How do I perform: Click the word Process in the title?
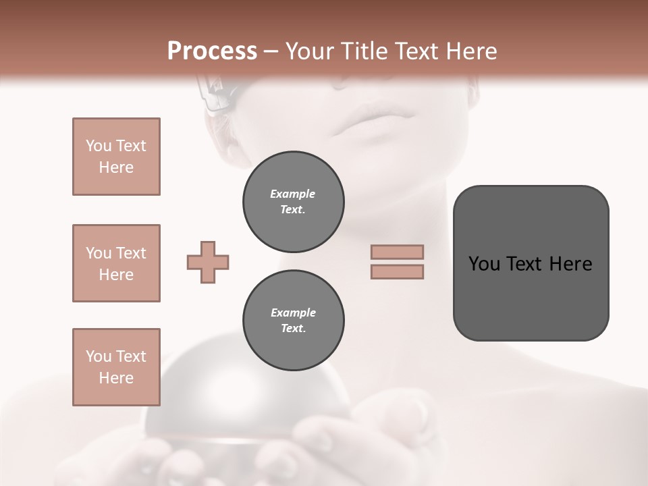point(212,51)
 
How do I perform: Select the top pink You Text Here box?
point(116,157)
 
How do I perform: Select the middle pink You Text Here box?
point(116,263)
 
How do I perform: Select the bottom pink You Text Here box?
point(116,367)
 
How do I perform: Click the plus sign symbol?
point(208,263)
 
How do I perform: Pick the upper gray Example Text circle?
point(293,201)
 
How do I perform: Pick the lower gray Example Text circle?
point(293,320)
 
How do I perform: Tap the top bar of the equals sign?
point(397,252)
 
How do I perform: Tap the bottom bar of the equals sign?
point(397,272)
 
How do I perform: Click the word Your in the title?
point(310,51)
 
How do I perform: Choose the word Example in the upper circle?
point(293,194)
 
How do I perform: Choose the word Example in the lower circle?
point(293,313)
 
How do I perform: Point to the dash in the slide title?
point(271,52)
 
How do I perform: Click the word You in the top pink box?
point(98,146)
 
